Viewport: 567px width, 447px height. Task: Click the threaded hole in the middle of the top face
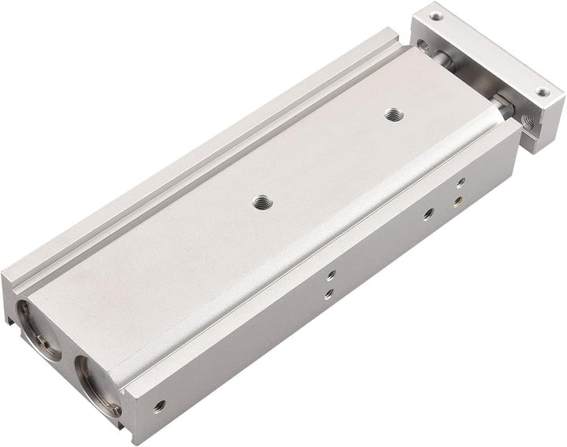(259, 201)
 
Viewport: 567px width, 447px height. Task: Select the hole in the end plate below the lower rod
(530, 122)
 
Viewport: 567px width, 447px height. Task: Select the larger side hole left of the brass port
(426, 212)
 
